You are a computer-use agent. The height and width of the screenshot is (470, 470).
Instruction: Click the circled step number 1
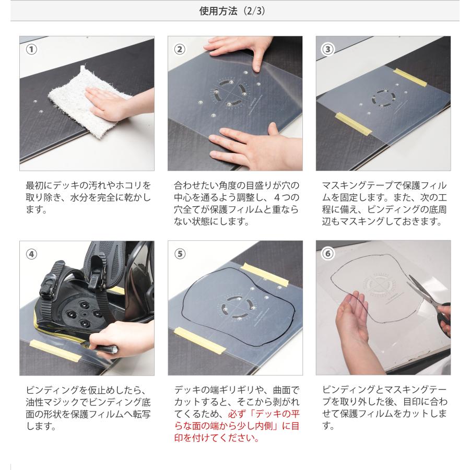[31, 49]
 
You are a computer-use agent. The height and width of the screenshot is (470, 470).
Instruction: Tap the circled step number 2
[179, 49]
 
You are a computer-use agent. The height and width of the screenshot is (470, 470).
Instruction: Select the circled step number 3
[328, 49]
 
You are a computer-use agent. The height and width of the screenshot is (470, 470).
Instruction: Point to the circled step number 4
[31, 254]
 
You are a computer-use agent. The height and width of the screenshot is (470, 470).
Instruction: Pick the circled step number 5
[179, 254]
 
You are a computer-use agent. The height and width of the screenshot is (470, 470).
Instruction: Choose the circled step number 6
[328, 254]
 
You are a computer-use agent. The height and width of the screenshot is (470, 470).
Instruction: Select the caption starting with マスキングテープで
[384, 203]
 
